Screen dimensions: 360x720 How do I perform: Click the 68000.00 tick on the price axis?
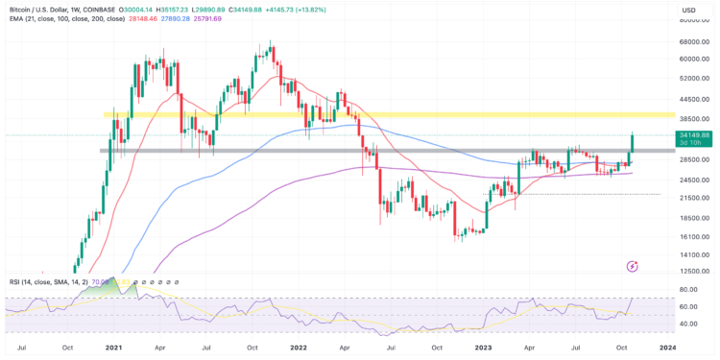click(693, 41)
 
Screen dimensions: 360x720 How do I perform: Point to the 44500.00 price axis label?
click(693, 98)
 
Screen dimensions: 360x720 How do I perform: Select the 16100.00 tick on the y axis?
click(693, 236)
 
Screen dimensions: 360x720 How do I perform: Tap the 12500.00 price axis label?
click(693, 272)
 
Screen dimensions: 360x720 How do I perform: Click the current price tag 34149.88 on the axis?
click(693, 136)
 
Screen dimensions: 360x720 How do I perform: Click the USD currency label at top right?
click(688, 11)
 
